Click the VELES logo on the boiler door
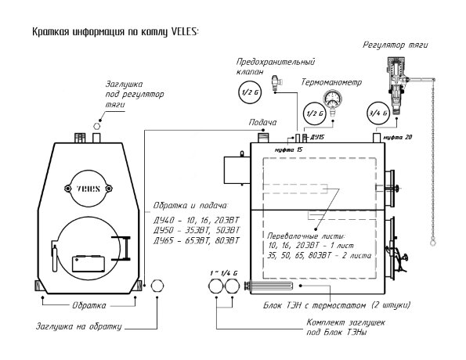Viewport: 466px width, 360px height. coord(89,189)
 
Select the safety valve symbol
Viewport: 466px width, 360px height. coord(276,83)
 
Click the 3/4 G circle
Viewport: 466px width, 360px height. coord(378,113)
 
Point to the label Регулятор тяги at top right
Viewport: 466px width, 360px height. coord(396,45)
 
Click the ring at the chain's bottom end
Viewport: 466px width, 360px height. coord(433,243)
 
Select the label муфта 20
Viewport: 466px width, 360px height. coord(397,137)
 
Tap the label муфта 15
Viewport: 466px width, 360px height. coord(288,149)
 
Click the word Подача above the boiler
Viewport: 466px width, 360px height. coord(262,122)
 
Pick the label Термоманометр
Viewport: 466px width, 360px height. coord(331,82)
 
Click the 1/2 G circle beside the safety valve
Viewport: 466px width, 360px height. coord(250,92)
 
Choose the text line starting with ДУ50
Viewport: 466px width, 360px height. coord(197,231)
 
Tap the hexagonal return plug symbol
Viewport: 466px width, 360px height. coord(157,286)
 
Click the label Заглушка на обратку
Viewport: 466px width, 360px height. coord(79,326)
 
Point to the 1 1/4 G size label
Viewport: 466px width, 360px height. coord(224,273)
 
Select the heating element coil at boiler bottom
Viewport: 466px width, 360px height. coord(269,286)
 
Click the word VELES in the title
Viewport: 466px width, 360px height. coord(184,32)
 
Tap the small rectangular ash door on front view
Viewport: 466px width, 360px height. coord(89,264)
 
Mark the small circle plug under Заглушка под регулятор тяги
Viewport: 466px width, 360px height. coord(96,126)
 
